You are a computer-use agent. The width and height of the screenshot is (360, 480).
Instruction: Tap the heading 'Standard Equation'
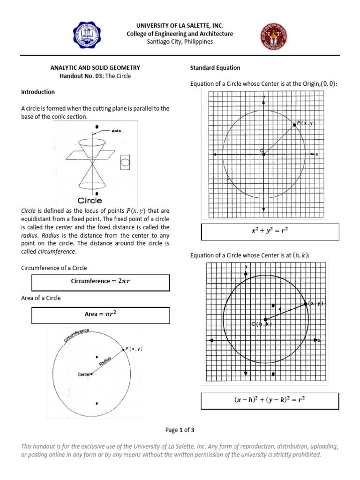pyautogui.click(x=215, y=68)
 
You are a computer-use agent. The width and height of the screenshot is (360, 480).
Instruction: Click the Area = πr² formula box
pyautogui.click(x=100, y=315)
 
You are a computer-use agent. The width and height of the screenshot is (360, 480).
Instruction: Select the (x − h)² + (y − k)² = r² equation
pyautogui.click(x=270, y=400)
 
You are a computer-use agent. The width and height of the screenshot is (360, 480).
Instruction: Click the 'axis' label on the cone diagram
pyautogui.click(x=116, y=131)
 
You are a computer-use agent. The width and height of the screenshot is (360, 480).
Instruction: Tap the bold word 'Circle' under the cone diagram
pyautogui.click(x=90, y=201)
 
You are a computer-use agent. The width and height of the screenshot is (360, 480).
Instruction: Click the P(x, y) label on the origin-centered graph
pyautogui.click(x=306, y=123)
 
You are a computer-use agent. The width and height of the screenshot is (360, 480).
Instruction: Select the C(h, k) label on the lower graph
pyautogui.click(x=262, y=324)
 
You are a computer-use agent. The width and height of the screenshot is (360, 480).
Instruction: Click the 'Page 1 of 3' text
pyautogui.click(x=180, y=430)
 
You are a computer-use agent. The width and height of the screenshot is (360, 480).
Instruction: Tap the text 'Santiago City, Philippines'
pyautogui.click(x=180, y=41)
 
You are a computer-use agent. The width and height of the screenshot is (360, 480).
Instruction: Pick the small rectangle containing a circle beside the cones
pyautogui.click(x=126, y=163)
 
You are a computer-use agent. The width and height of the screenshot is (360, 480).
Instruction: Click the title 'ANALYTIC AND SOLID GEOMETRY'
pyautogui.click(x=95, y=68)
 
